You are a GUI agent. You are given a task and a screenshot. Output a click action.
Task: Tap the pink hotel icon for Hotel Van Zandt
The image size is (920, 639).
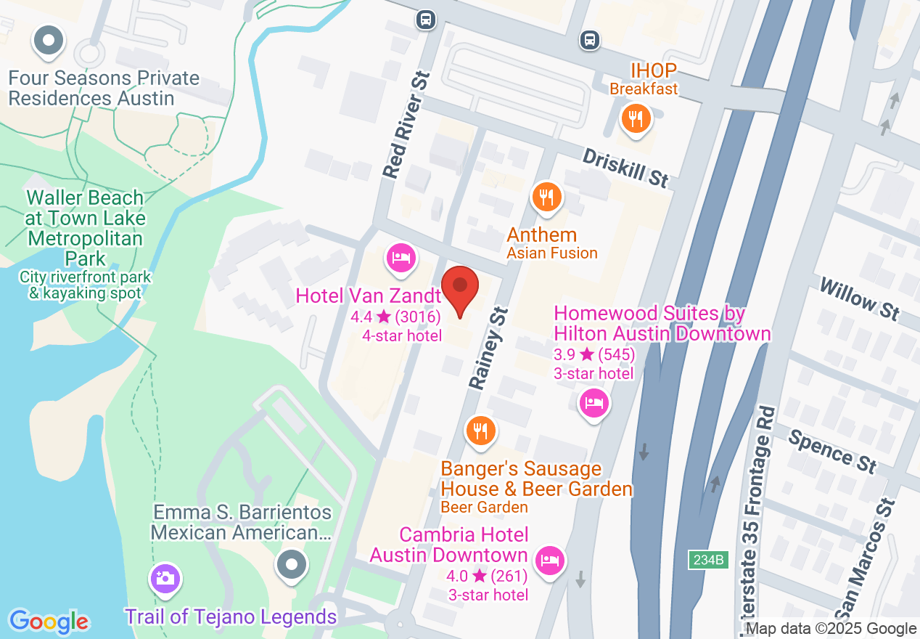coord(401,258)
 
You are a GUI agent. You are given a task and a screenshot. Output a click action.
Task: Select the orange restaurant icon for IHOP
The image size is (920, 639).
coord(636,118)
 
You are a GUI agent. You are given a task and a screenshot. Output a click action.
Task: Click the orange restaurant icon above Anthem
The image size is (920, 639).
coord(546,197)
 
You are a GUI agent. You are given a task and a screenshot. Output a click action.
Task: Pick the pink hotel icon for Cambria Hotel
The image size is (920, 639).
coord(550,560)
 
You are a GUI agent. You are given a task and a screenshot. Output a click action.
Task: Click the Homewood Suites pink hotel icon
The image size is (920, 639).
coord(594,404)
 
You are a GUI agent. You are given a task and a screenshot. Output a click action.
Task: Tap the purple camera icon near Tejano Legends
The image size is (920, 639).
coord(165,579)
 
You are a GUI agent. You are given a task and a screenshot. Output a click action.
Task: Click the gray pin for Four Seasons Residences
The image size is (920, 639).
coord(49,42)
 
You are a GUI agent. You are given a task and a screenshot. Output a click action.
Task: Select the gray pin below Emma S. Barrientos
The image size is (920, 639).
coord(292,563)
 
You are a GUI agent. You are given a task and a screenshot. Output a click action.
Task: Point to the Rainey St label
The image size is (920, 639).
coord(487,348)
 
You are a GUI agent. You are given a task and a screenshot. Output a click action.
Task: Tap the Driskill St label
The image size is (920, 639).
coord(625,168)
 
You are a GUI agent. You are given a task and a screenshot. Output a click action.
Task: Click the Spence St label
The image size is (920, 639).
coord(832,451)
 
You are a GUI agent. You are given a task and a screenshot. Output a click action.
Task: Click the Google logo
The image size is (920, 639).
coord(49,622)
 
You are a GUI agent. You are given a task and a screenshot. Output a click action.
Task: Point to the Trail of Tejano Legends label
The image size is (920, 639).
coord(231,617)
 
